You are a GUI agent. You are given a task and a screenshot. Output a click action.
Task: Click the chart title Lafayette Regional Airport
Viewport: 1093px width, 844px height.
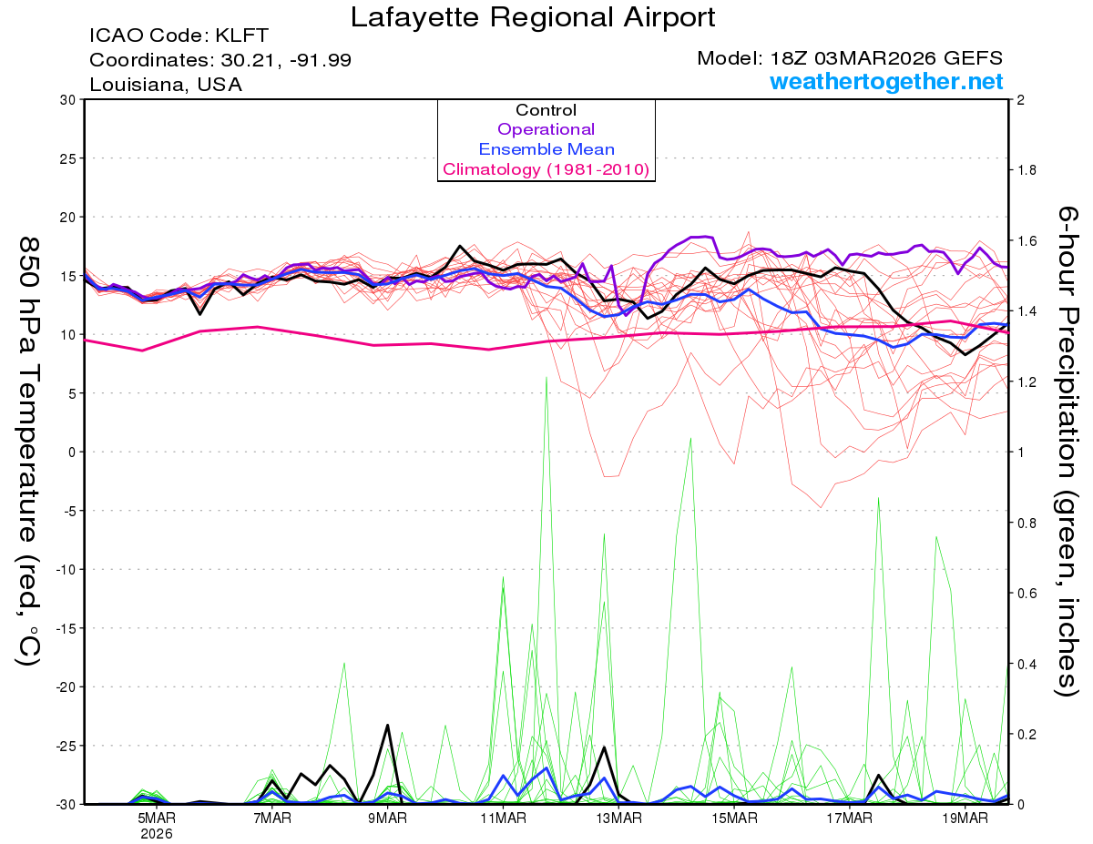pyautogui.click(x=533, y=17)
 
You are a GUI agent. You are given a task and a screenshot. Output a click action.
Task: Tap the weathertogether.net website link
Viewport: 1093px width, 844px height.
pyautogui.click(x=886, y=81)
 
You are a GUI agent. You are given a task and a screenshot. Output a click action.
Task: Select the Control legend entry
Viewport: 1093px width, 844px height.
pyautogui.click(x=546, y=110)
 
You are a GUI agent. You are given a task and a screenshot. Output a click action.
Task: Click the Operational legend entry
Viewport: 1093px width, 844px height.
pyautogui.click(x=546, y=129)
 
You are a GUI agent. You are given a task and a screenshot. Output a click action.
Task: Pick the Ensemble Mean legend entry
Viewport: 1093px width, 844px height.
pyautogui.click(x=546, y=149)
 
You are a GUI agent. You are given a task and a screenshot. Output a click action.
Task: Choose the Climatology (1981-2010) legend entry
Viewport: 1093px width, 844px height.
pyautogui.click(x=546, y=169)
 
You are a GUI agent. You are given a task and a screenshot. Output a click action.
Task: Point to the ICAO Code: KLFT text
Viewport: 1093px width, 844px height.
pyautogui.click(x=179, y=36)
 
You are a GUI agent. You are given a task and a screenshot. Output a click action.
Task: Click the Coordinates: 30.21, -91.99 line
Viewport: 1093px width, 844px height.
pyautogui.click(x=220, y=60)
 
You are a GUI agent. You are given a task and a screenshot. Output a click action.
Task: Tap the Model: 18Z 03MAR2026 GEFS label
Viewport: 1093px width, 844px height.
pyautogui.click(x=850, y=58)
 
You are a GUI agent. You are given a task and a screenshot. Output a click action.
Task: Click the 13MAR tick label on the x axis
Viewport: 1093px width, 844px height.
pyautogui.click(x=618, y=818)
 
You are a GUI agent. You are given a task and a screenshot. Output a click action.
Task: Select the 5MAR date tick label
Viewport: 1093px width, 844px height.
pyautogui.click(x=158, y=818)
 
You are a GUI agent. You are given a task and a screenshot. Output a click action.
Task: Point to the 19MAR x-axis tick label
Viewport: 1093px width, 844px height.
pyautogui.click(x=965, y=818)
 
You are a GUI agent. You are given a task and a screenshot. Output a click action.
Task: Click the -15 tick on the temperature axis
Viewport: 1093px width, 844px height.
pyautogui.click(x=66, y=628)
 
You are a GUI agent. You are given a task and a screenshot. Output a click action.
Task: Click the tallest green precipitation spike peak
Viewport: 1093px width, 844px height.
pyautogui.click(x=546, y=377)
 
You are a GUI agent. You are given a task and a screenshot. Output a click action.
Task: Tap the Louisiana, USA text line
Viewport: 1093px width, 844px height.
pyautogui.click(x=165, y=85)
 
